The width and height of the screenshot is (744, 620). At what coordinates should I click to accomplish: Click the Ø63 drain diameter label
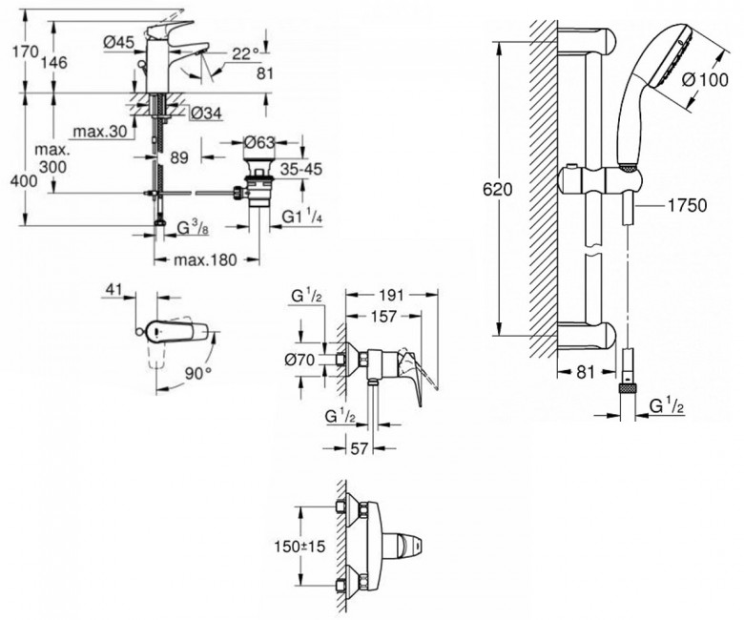click(x=258, y=142)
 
